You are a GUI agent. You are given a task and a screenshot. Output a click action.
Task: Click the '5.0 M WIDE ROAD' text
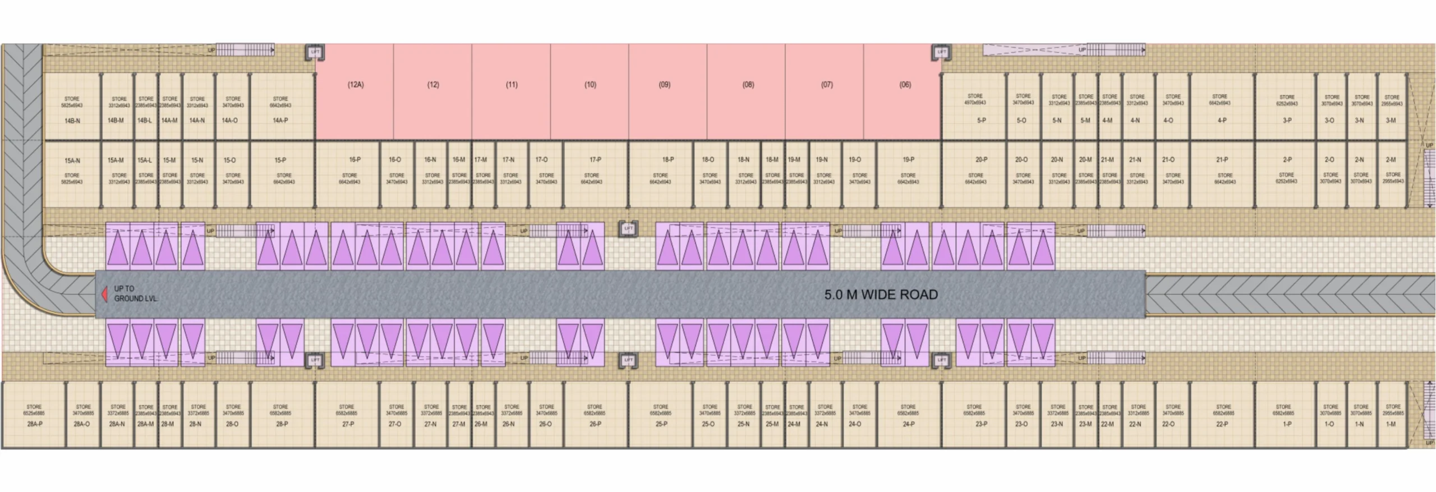(x=881, y=295)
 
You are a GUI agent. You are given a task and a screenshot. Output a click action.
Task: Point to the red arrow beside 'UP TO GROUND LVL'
(x=104, y=295)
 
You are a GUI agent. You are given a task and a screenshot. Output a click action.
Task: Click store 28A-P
(x=34, y=415)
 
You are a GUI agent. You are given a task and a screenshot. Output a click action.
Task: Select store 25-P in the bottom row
(x=661, y=415)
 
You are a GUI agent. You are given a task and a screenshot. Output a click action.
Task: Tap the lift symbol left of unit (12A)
(x=315, y=52)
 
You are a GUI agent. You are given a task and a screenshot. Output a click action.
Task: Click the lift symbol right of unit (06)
(x=941, y=52)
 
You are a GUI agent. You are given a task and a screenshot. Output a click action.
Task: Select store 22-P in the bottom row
(x=1223, y=415)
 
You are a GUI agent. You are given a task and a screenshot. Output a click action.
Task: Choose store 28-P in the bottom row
(x=281, y=415)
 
